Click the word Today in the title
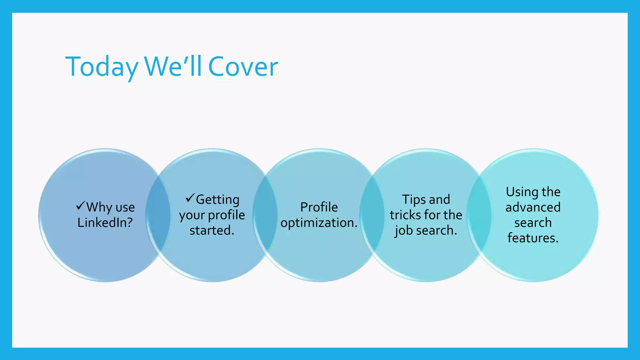pyautogui.click(x=102, y=67)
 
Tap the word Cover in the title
pyautogui.click(x=243, y=67)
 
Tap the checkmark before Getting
pyautogui.click(x=190, y=198)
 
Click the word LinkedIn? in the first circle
pyautogui.click(x=105, y=222)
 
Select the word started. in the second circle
pyautogui.click(x=212, y=230)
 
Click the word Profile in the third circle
pyautogui.click(x=319, y=207)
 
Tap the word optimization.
pyautogui.click(x=319, y=223)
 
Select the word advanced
pyautogui.click(x=533, y=207)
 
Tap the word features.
pyautogui.click(x=533, y=238)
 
